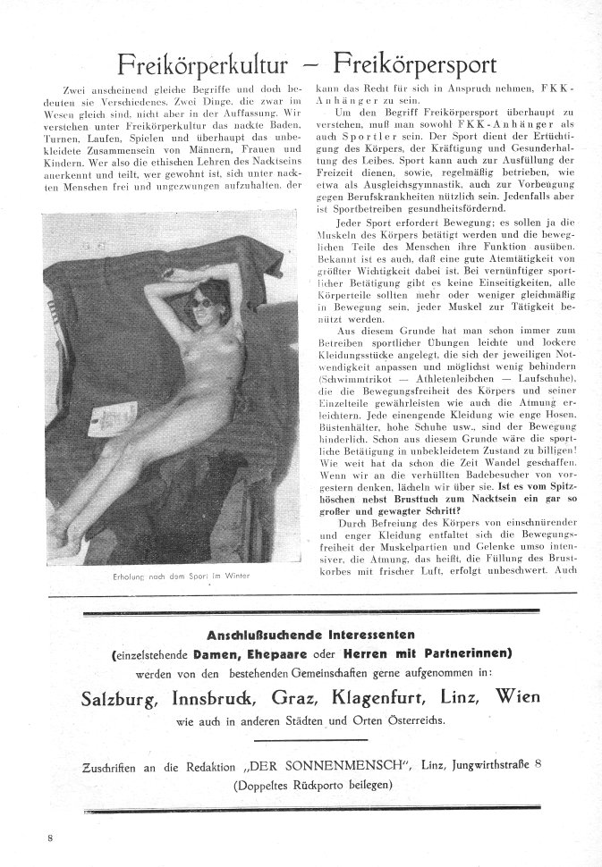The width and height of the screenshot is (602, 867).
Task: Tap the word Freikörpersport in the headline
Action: (417, 64)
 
